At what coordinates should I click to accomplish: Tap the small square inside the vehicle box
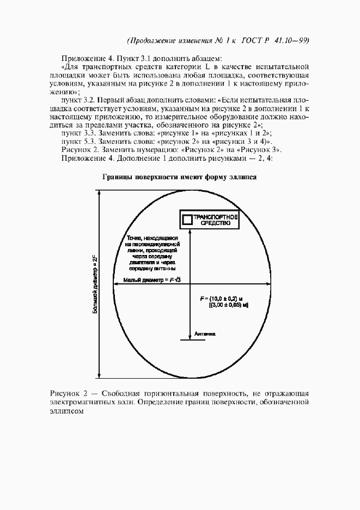[x=187, y=220]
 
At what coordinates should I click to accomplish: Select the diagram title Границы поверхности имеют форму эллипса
[x=179, y=177]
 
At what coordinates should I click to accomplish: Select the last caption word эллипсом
[x=66, y=412]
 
